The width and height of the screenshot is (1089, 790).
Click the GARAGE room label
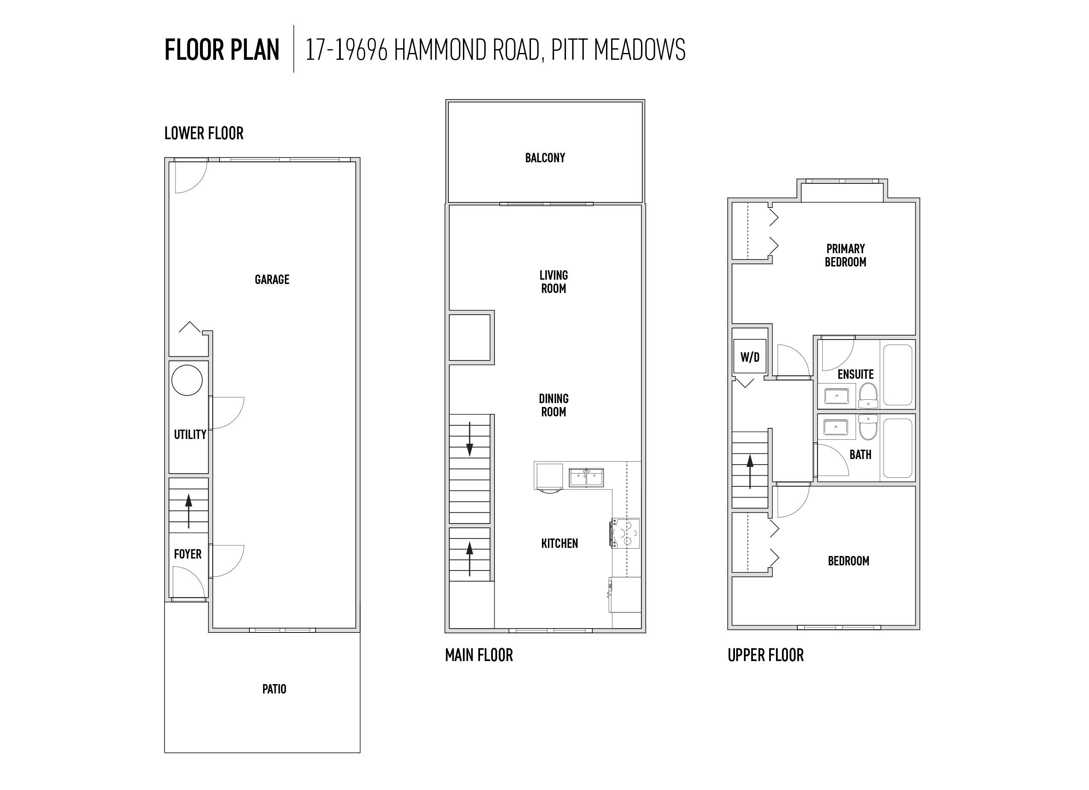(272, 280)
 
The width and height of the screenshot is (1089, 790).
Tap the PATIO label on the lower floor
(274, 689)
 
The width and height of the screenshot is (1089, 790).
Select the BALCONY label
(545, 158)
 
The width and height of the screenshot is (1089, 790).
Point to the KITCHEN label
(559, 543)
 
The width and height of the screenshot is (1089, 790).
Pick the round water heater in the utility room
(187, 380)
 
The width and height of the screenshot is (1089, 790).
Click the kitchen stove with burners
(625, 533)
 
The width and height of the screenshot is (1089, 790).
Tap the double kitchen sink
(586, 478)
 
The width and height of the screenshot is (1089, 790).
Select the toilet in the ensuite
(868, 394)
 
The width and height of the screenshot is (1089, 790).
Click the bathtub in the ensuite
(897, 375)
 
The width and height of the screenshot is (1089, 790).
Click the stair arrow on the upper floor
(750, 471)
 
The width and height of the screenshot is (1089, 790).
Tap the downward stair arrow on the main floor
(470, 439)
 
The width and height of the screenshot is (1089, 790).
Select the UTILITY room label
(190, 435)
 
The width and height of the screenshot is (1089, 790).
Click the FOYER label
(188, 554)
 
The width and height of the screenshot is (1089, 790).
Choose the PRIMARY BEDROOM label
(846, 255)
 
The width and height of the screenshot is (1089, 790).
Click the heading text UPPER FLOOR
(765, 655)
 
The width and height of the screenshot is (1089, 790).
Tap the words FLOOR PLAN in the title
(222, 50)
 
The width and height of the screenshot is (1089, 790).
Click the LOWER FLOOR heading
(204, 133)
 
